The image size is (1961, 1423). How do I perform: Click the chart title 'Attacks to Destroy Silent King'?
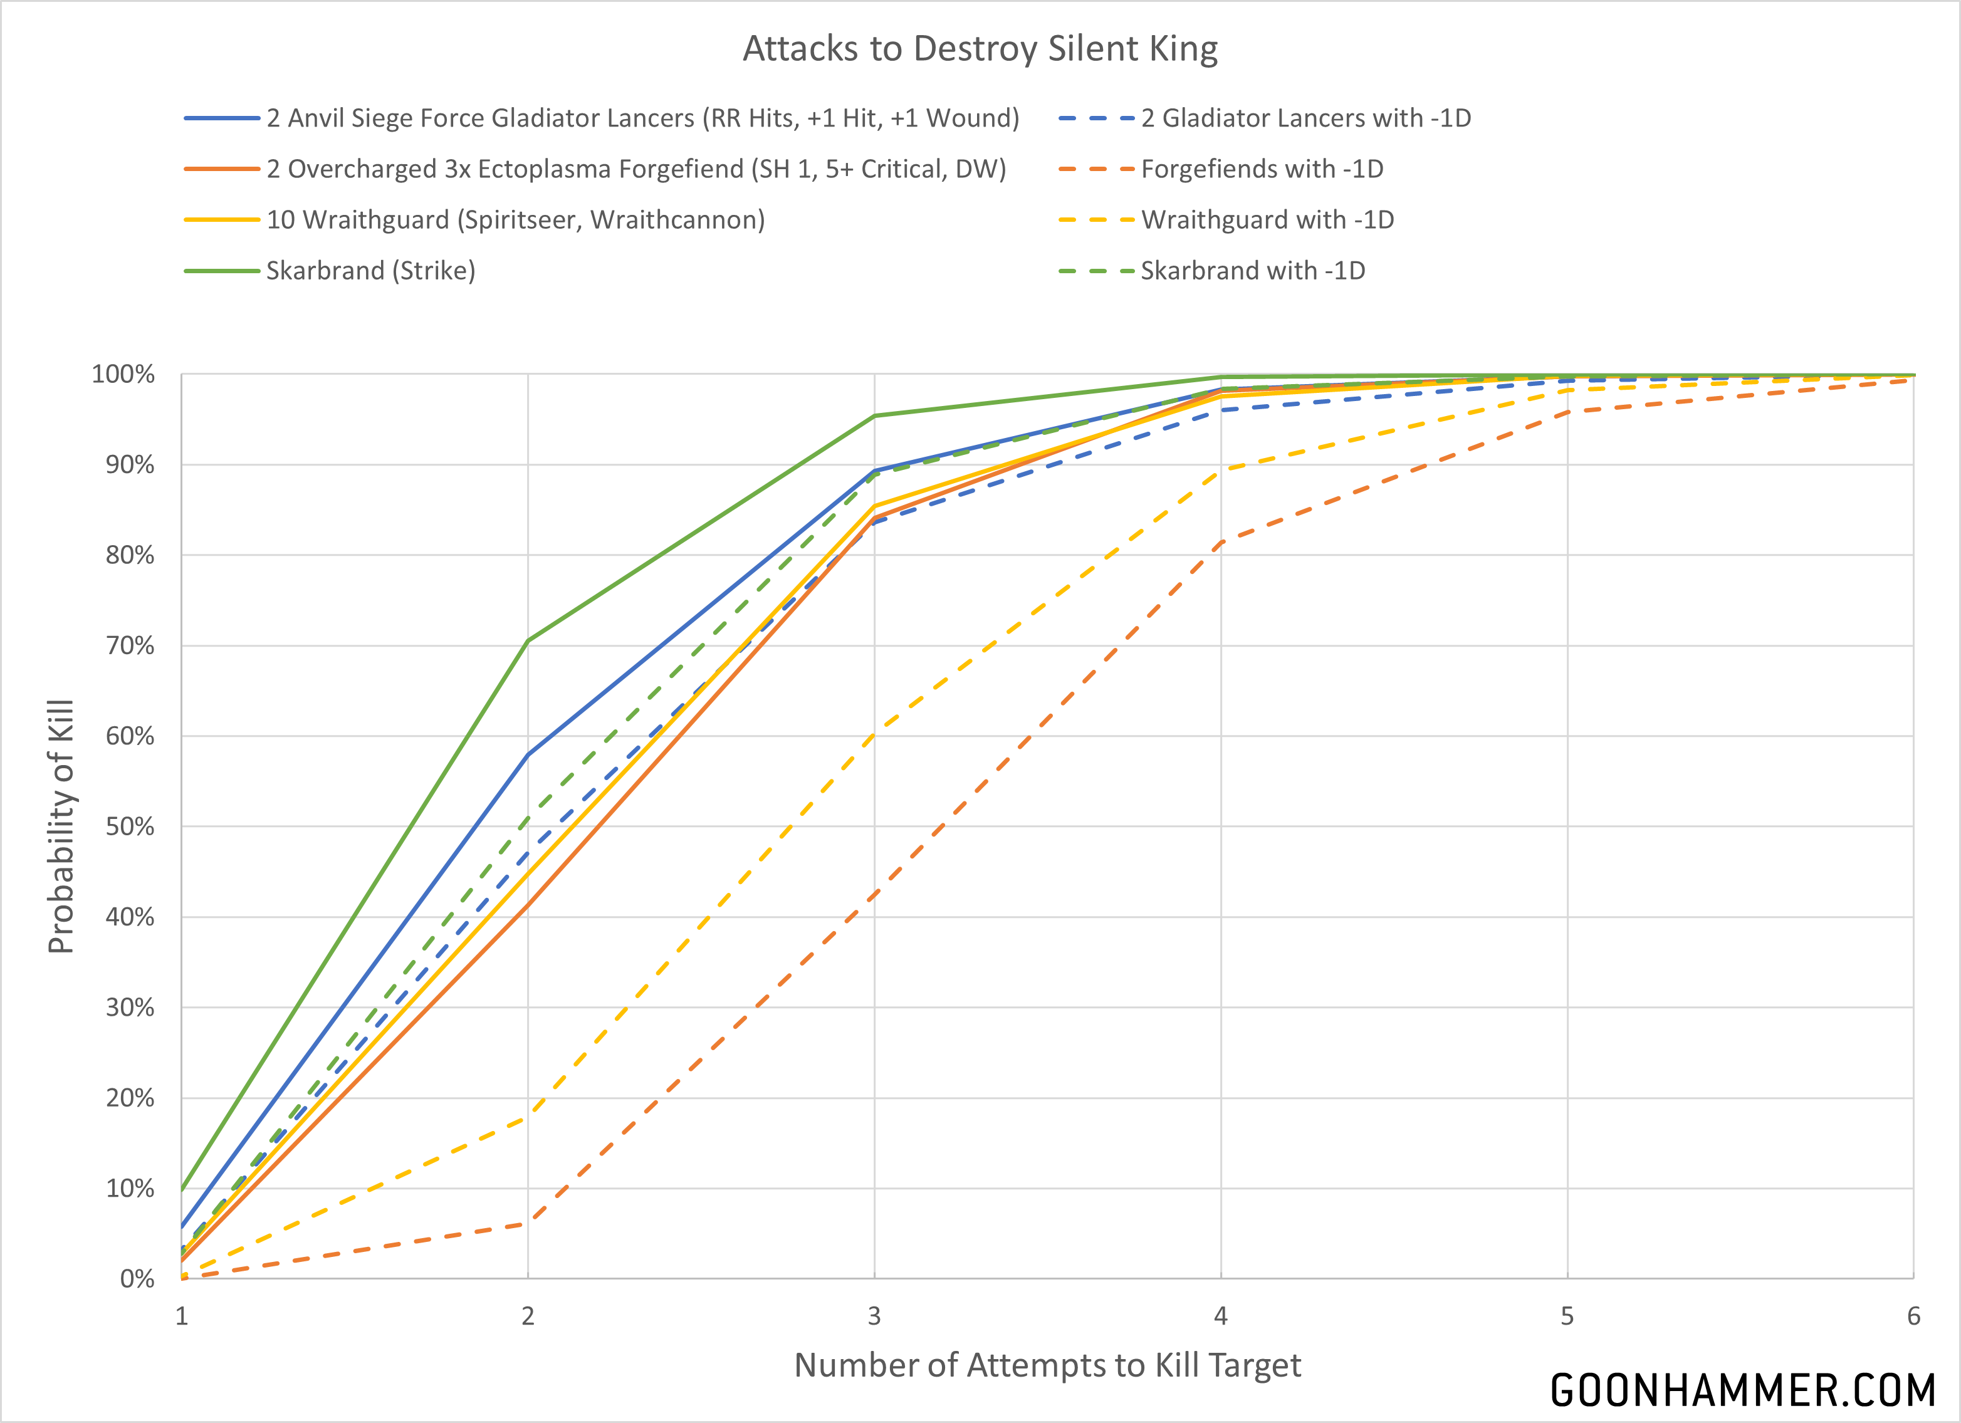pyautogui.click(x=980, y=50)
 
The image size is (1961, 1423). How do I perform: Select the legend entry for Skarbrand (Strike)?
pyautogui.click(x=370, y=271)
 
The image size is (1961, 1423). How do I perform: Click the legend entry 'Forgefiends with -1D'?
pyautogui.click(x=1262, y=169)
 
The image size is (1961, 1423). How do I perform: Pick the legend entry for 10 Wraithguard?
pyautogui.click(x=515, y=219)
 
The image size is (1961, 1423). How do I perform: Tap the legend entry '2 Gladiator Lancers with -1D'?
pyautogui.click(x=1305, y=118)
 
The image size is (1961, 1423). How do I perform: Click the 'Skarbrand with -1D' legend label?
pyautogui.click(x=1253, y=271)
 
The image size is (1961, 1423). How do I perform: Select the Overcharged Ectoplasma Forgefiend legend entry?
pyautogui.click(x=635, y=169)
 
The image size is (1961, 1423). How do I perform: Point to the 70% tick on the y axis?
pyautogui.click(x=130, y=646)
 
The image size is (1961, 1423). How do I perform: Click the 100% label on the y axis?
pyautogui.click(x=123, y=374)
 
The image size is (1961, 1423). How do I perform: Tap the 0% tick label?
pyautogui.click(x=137, y=1279)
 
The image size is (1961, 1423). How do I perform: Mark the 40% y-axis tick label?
pyautogui.click(x=130, y=917)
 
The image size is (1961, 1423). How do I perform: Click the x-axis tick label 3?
pyautogui.click(x=874, y=1316)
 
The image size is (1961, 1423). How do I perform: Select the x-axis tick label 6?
pyautogui.click(x=1913, y=1316)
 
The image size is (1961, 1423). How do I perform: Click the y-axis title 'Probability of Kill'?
pyautogui.click(x=61, y=826)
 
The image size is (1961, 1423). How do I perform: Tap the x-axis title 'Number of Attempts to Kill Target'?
pyautogui.click(x=1047, y=1365)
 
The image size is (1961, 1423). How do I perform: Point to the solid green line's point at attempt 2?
pyautogui.click(x=528, y=640)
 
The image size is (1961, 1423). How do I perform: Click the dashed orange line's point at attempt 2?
pyautogui.click(x=528, y=1223)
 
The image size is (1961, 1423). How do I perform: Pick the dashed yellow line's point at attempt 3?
pyautogui.click(x=874, y=737)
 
